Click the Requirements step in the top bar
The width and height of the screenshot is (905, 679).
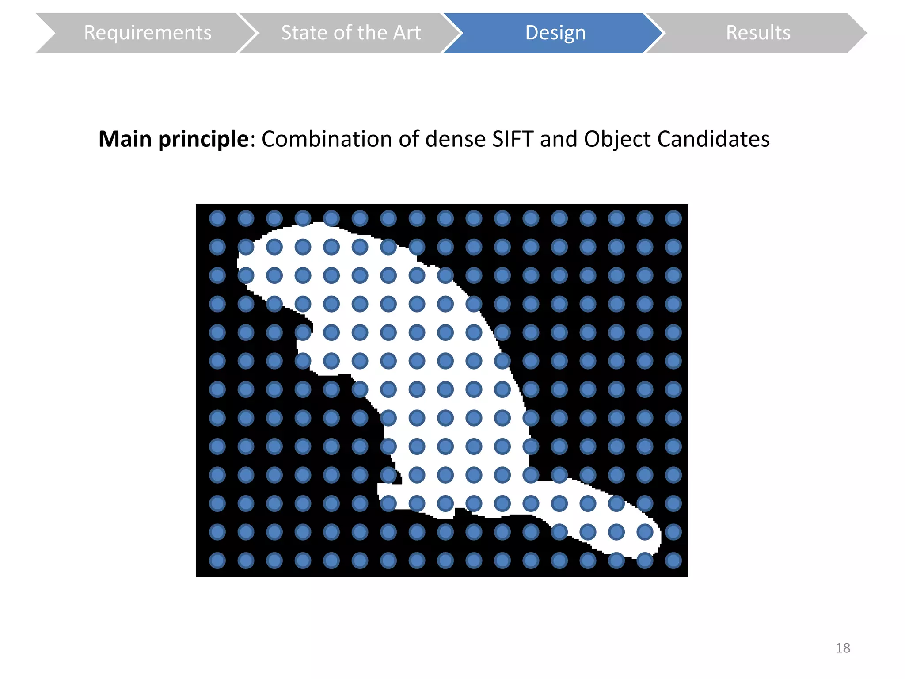pyautogui.click(x=148, y=33)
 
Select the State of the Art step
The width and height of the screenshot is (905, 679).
pyautogui.click(x=350, y=33)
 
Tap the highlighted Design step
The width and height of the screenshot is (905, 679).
pyautogui.click(x=555, y=33)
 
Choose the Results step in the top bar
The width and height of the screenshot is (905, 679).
pyautogui.click(x=758, y=33)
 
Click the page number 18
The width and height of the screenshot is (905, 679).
pyautogui.click(x=843, y=648)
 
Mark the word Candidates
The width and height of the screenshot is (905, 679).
pyautogui.click(x=713, y=139)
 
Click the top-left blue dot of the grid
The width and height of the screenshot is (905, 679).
pyautogui.click(x=217, y=218)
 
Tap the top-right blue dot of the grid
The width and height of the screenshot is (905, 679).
pyautogui.click(x=673, y=218)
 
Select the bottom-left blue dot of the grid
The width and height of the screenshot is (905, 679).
pyautogui.click(x=217, y=561)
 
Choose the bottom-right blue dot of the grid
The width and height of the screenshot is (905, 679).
pyautogui.click(x=673, y=561)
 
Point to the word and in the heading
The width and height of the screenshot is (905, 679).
pyautogui.click(x=559, y=139)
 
